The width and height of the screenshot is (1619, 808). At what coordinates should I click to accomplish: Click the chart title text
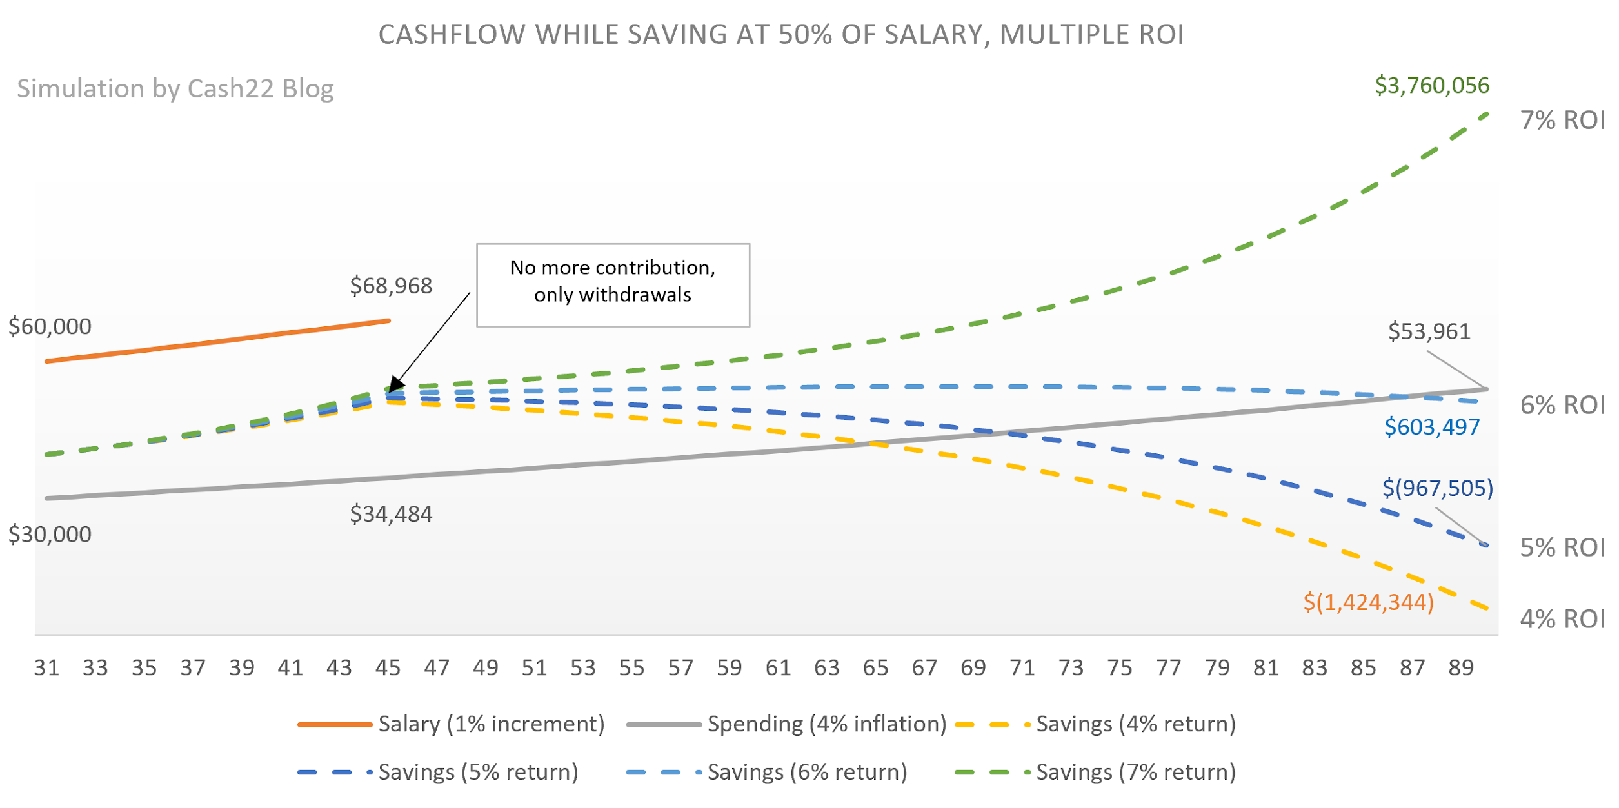pos(780,35)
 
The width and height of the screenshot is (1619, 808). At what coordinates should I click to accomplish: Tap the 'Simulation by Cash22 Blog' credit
pos(175,88)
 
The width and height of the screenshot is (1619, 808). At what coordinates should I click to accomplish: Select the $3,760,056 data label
pos(1431,85)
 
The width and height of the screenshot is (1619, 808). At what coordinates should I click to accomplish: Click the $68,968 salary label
pos(391,286)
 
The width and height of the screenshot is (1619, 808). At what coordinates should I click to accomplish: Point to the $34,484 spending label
pos(391,514)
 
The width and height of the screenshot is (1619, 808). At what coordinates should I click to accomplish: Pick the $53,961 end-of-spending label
pos(1429,331)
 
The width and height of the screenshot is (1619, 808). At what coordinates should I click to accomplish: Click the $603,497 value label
pos(1431,427)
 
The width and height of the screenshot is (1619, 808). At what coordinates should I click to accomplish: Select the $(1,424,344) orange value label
pos(1368,602)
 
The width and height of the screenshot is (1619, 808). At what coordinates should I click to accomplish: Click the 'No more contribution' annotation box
pos(613,285)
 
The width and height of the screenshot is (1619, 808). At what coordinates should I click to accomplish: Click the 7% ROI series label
pos(1562,121)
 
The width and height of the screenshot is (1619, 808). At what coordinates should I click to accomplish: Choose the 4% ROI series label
pos(1562,619)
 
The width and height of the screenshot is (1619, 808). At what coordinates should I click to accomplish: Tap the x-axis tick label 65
pos(875,667)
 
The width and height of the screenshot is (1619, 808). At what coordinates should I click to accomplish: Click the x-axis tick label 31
pos(46,667)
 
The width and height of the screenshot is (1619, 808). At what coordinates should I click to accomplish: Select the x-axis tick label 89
pos(1461,667)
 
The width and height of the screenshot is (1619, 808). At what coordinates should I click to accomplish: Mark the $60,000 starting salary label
pos(50,327)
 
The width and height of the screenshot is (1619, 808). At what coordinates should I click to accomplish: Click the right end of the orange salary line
pos(388,320)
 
